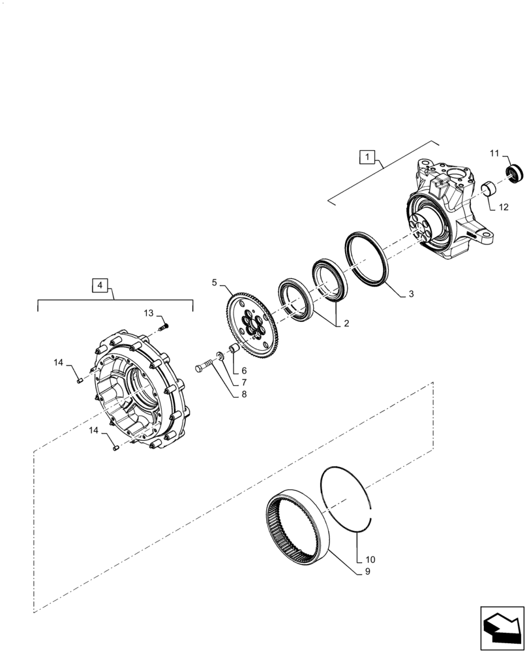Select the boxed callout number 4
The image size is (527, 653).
(100, 285)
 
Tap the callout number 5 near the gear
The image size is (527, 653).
(214, 283)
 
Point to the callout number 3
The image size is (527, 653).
(411, 295)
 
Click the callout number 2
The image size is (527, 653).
(347, 323)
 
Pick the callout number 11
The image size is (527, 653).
(494, 153)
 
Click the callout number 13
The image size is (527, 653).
(149, 313)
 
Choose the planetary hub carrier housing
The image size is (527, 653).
(140, 392)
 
